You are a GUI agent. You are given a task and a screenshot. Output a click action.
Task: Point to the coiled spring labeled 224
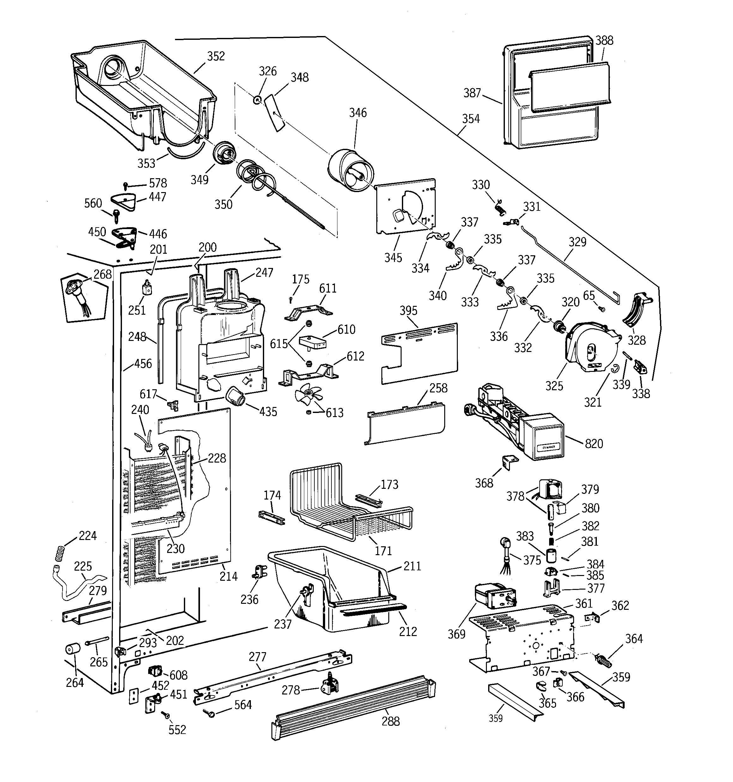[59, 554]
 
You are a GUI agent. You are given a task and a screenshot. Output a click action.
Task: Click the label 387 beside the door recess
[472, 93]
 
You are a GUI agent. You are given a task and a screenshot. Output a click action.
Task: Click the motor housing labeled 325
[590, 346]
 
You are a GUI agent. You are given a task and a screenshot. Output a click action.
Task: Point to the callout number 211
[412, 566]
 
